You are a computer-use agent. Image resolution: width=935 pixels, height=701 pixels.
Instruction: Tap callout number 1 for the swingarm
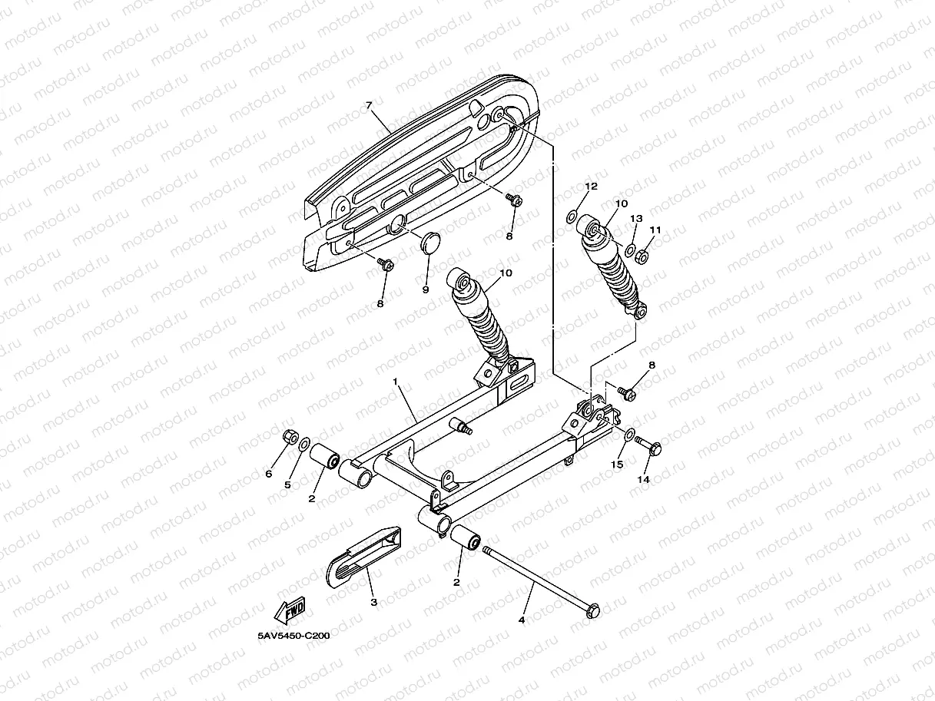click(396, 382)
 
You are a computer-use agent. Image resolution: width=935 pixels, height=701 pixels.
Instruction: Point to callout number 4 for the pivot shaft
click(522, 619)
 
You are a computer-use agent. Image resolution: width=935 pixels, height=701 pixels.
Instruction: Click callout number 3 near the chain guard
click(374, 603)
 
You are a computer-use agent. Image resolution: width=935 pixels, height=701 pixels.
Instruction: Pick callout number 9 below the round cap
click(425, 290)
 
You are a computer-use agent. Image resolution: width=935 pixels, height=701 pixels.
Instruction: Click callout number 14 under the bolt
click(644, 479)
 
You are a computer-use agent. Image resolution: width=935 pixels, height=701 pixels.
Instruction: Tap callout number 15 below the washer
click(617, 465)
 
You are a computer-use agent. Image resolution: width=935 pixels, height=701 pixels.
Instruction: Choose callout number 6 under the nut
click(269, 474)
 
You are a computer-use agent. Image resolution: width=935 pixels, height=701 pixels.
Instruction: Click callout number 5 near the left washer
click(288, 484)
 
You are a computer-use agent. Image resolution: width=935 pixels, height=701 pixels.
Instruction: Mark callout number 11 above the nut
click(655, 230)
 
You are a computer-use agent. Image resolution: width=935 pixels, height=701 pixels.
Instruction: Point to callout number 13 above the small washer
click(636, 219)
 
